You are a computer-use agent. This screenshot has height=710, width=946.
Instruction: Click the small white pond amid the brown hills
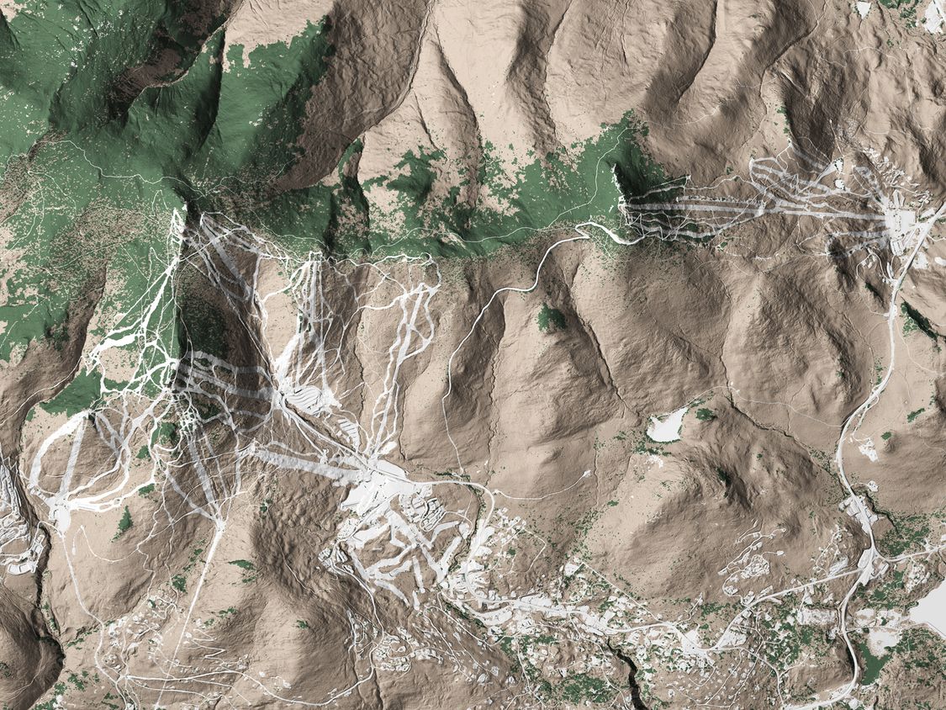pyautogui.click(x=667, y=426)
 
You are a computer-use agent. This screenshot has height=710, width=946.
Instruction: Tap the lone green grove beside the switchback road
pyautogui.click(x=551, y=318)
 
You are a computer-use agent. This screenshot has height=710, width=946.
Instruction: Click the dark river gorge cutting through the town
pyautogui.click(x=626, y=665)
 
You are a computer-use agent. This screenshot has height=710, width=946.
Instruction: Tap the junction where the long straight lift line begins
pyautogui.click(x=220, y=526)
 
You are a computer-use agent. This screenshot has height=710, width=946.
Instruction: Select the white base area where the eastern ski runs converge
pyautogui.click(x=900, y=221)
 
